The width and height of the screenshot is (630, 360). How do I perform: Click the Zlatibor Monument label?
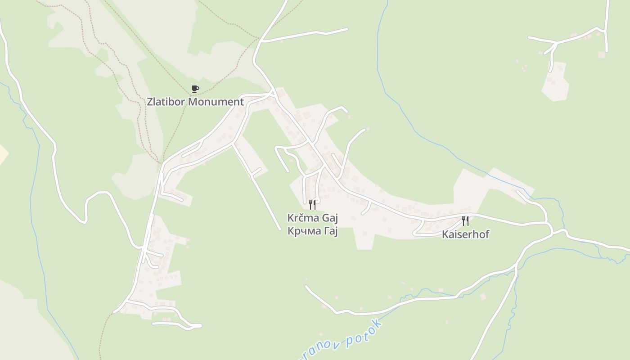click(195, 102)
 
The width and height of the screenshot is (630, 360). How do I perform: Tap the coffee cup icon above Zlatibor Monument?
click(195, 89)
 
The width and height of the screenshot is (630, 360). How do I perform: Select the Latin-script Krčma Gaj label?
click(312, 218)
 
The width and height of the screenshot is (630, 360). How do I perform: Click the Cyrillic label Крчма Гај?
click(312, 231)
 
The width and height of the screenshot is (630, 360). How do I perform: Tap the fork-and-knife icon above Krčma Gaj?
click(312, 205)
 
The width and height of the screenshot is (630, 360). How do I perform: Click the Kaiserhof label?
click(465, 234)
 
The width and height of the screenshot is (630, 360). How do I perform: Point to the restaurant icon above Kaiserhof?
click(465, 221)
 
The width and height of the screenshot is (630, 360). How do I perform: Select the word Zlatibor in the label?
click(166, 102)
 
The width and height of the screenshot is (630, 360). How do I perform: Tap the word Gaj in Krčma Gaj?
click(329, 219)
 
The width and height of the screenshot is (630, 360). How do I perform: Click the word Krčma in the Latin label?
click(303, 218)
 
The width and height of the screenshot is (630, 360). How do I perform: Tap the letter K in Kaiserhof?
click(445, 234)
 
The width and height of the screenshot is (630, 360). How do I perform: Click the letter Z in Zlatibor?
click(150, 102)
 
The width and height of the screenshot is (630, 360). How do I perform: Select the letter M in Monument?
click(192, 102)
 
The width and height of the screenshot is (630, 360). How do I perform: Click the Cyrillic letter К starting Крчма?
click(290, 231)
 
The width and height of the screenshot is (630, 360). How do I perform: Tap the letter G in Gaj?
click(325, 218)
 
